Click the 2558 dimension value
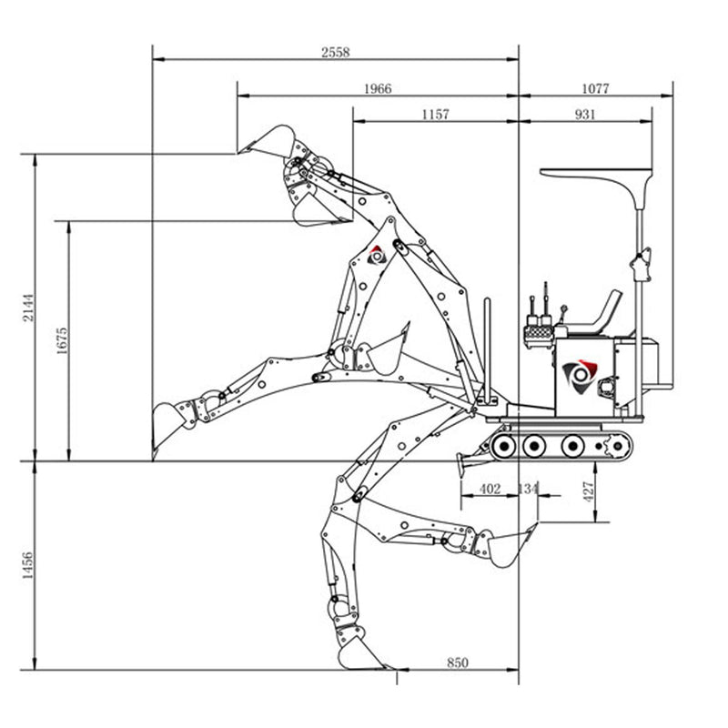[x=335, y=52]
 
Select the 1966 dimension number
[x=378, y=88]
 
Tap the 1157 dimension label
[x=435, y=114]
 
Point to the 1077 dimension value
[x=595, y=88]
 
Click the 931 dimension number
[x=585, y=114]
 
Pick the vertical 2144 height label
[x=29, y=307]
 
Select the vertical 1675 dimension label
[x=62, y=340]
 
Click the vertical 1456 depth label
[x=28, y=565]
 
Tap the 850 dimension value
[x=458, y=662]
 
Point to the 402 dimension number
[x=490, y=489]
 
